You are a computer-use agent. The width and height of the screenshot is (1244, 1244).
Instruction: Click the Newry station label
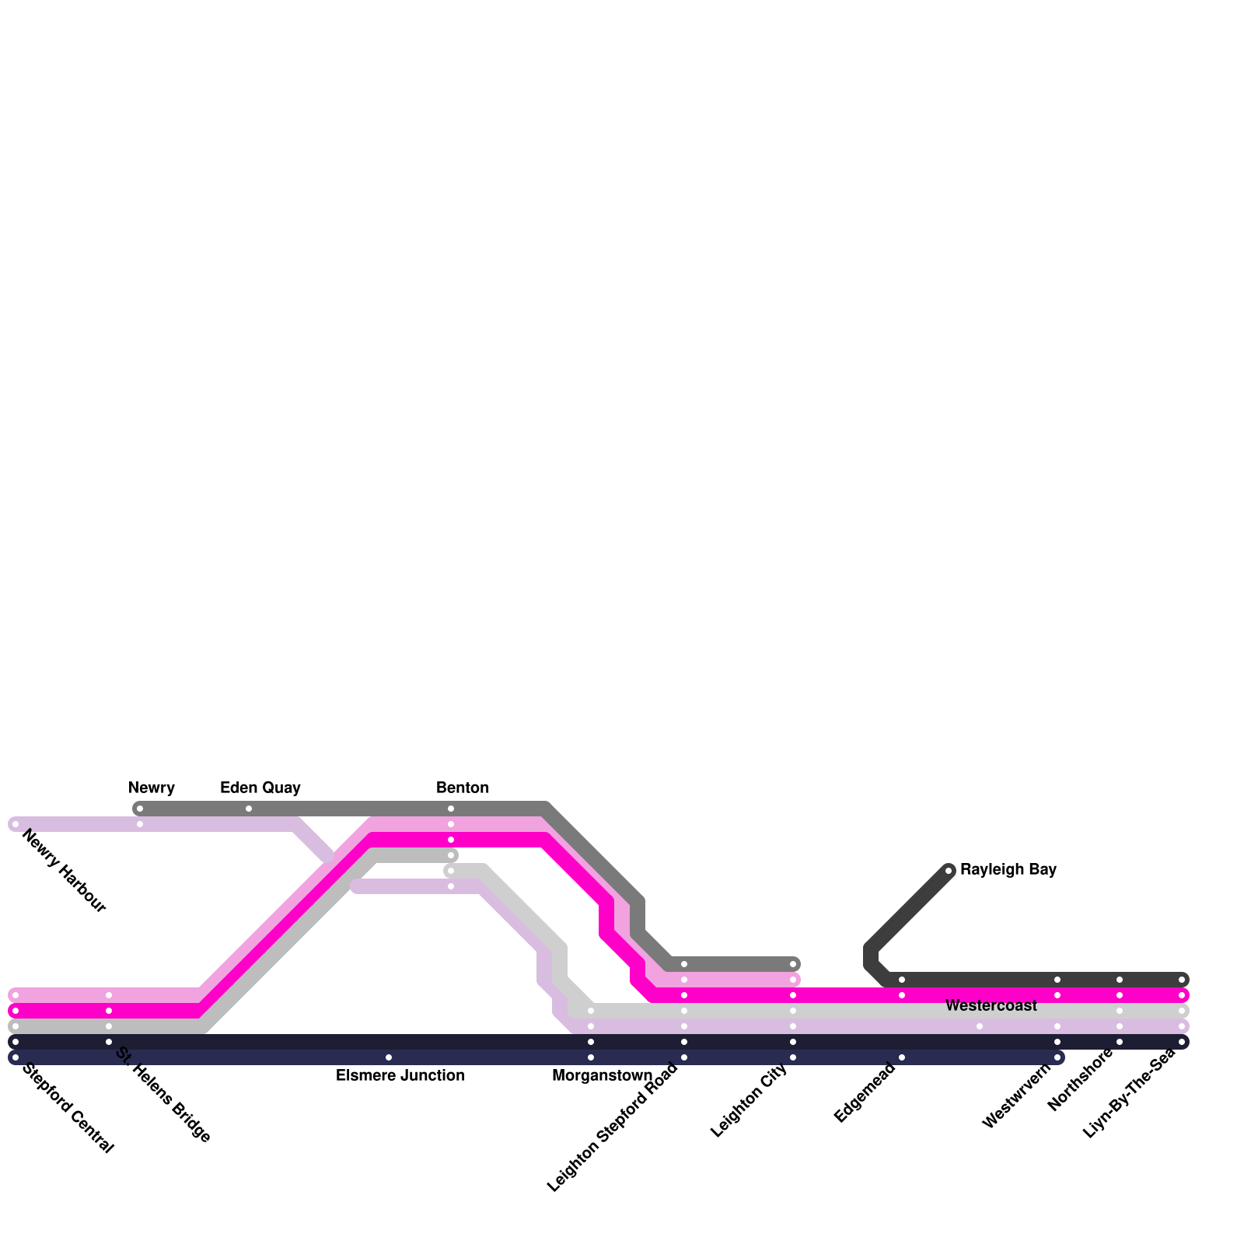[152, 788]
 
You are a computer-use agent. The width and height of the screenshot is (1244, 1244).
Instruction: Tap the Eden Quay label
[260, 788]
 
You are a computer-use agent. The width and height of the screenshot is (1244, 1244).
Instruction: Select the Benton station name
[463, 788]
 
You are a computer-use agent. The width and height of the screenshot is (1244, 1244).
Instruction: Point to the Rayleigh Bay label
[1008, 869]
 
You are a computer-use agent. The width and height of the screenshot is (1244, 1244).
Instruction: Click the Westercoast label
[991, 1005]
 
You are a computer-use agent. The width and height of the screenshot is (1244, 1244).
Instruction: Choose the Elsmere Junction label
[400, 1075]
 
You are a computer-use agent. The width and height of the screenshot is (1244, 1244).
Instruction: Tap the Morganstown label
[603, 1075]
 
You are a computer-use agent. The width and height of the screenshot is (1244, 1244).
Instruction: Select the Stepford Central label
[68, 1108]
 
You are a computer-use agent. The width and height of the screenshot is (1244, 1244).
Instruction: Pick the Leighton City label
[750, 1100]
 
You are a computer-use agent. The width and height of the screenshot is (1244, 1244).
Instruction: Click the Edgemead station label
[865, 1092]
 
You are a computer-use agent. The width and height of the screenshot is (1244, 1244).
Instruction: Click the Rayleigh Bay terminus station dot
[949, 871]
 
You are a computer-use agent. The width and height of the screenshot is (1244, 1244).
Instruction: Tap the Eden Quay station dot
[249, 809]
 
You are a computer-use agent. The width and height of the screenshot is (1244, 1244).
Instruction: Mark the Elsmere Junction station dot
[389, 1057]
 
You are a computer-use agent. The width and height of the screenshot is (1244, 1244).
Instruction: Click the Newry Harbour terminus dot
[16, 824]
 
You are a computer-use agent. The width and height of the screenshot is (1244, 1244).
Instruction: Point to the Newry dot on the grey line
[140, 809]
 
